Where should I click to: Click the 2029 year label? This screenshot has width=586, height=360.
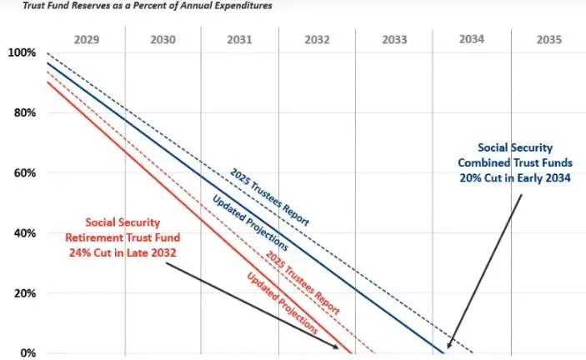pyautogui.click(x=87, y=39)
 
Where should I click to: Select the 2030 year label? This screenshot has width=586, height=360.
pyautogui.click(x=164, y=39)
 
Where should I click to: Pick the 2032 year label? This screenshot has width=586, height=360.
pyautogui.click(x=318, y=39)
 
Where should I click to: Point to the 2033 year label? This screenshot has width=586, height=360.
pyautogui.click(x=394, y=39)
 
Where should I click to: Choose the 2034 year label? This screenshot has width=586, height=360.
pyautogui.click(x=471, y=39)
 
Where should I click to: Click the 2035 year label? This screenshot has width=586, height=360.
pyautogui.click(x=548, y=39)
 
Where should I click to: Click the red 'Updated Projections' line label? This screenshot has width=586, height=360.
pyautogui.click(x=283, y=302)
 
